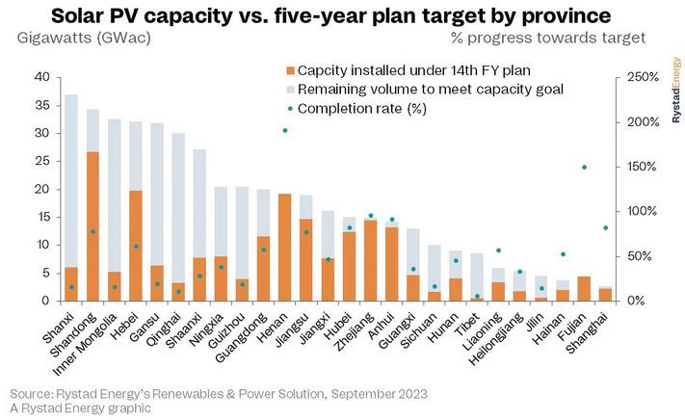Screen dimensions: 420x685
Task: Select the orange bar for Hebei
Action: [x=137, y=246]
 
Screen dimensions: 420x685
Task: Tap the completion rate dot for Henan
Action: [x=284, y=130]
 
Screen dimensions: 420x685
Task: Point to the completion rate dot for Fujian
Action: [x=584, y=168]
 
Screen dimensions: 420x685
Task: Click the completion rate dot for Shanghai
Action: [x=605, y=228]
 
